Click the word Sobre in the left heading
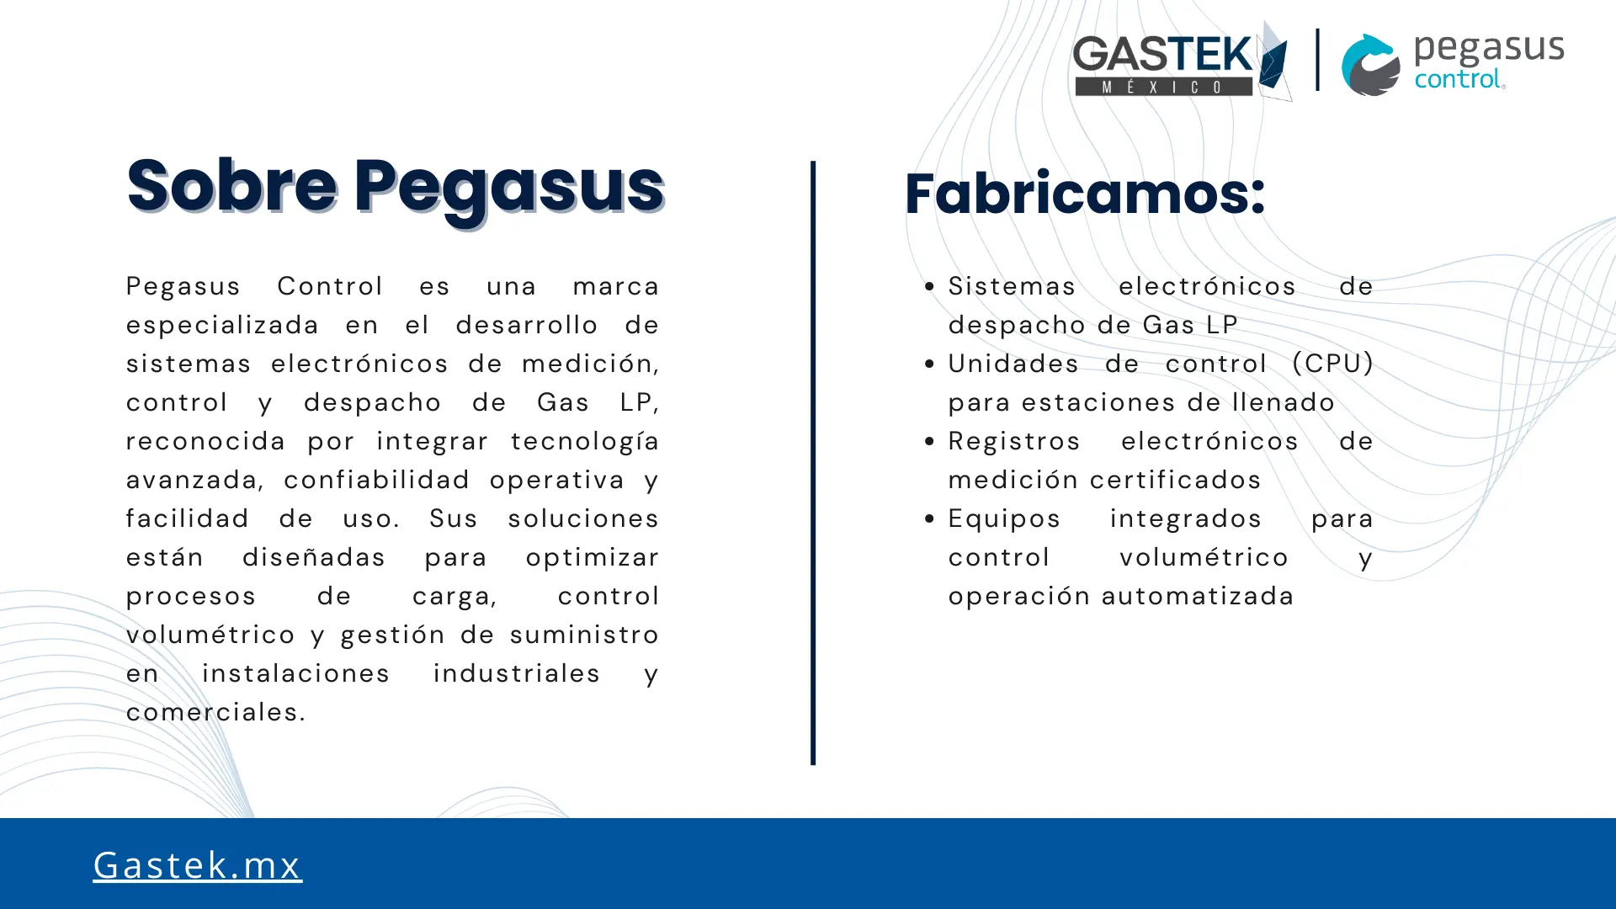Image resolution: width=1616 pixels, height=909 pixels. (232, 186)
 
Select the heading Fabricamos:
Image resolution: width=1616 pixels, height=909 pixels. (1085, 194)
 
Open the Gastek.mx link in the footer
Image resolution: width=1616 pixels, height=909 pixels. (197, 865)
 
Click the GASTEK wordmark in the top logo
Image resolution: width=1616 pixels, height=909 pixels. (1163, 55)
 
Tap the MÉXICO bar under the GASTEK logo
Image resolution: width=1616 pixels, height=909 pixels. (1164, 87)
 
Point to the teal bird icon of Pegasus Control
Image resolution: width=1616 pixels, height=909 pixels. (1370, 65)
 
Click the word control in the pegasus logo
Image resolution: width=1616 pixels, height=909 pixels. (1458, 79)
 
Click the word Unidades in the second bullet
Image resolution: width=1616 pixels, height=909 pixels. (1013, 364)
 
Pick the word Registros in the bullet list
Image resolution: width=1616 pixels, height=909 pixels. (1014, 441)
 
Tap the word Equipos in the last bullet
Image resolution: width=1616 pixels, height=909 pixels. (1004, 519)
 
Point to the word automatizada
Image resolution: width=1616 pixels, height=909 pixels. (1197, 596)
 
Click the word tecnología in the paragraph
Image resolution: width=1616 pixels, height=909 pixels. (585, 442)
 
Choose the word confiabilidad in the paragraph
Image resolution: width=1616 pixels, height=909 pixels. (376, 480)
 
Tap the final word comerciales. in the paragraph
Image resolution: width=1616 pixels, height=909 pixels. (216, 712)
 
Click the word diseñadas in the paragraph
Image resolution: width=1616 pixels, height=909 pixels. (314, 557)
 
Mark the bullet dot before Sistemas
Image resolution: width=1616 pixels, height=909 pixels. (929, 287)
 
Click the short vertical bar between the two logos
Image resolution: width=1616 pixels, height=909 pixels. (1317, 60)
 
